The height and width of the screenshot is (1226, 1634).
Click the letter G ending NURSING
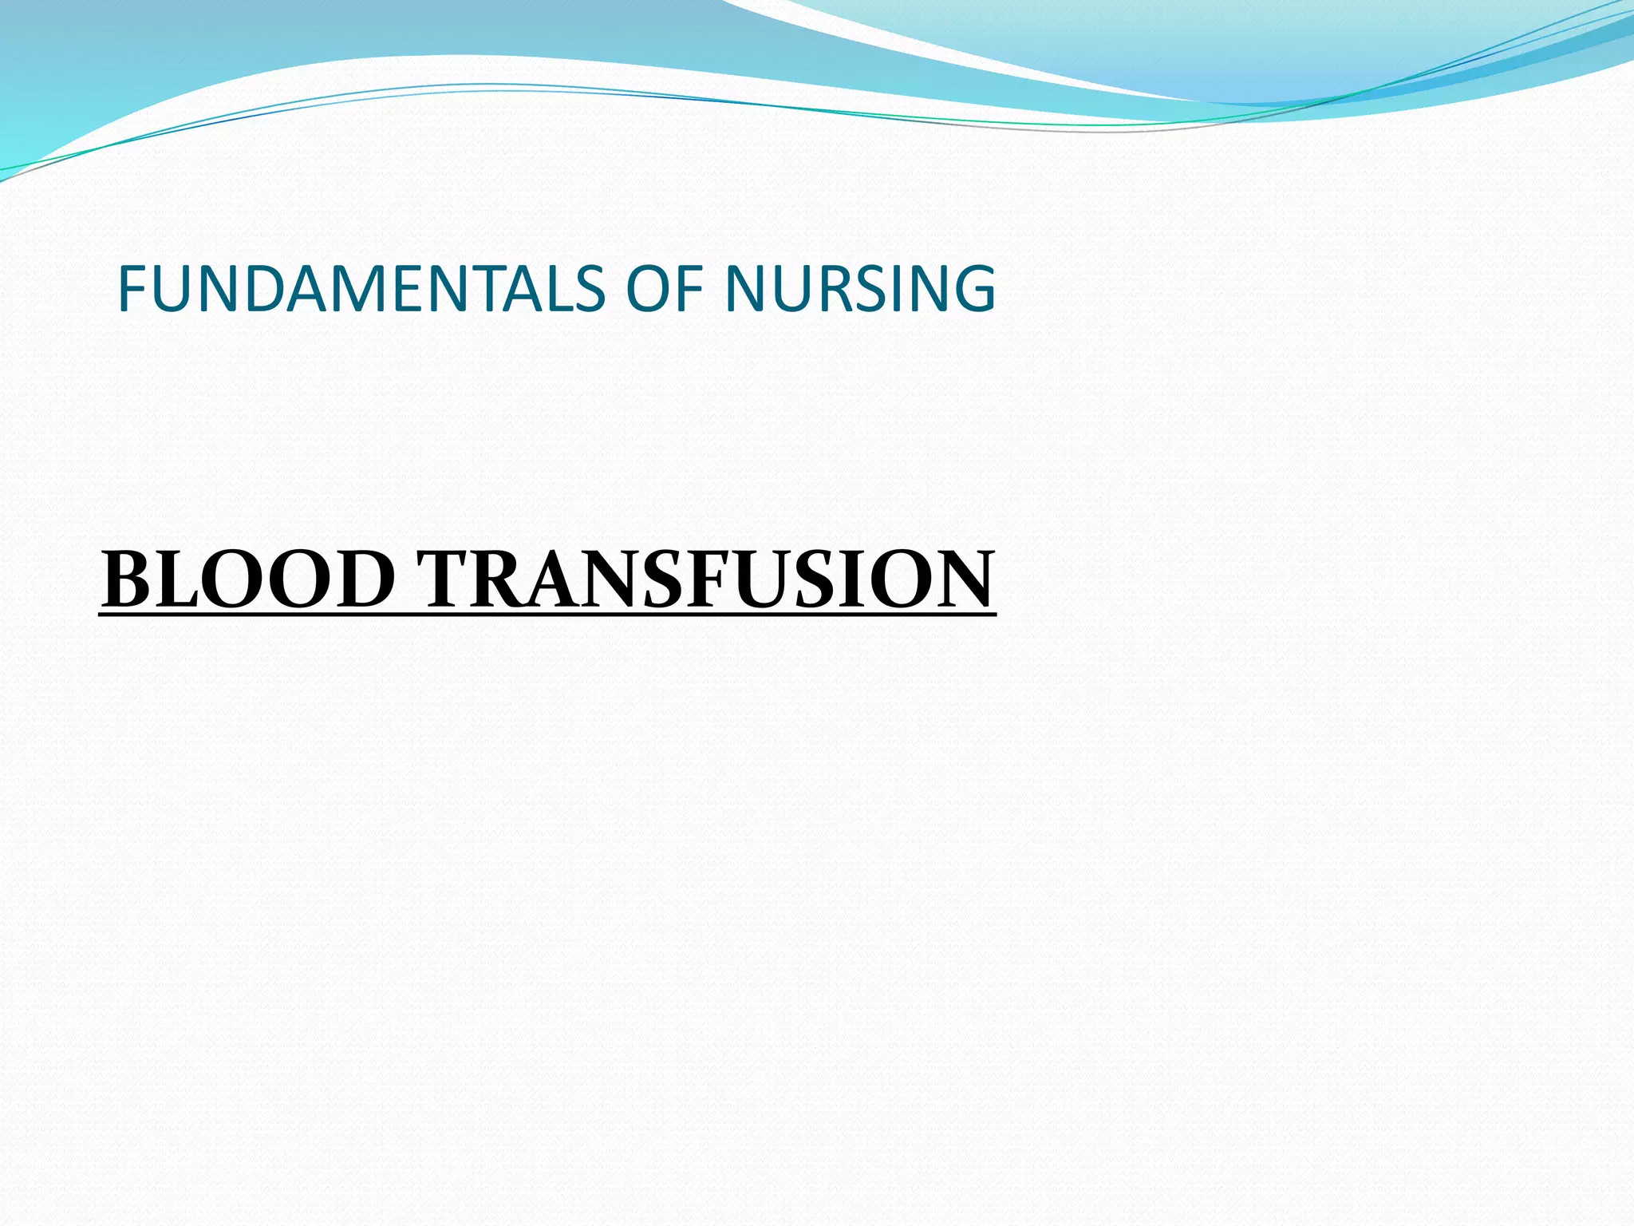(971, 288)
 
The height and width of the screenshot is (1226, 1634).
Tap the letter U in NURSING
(786, 288)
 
